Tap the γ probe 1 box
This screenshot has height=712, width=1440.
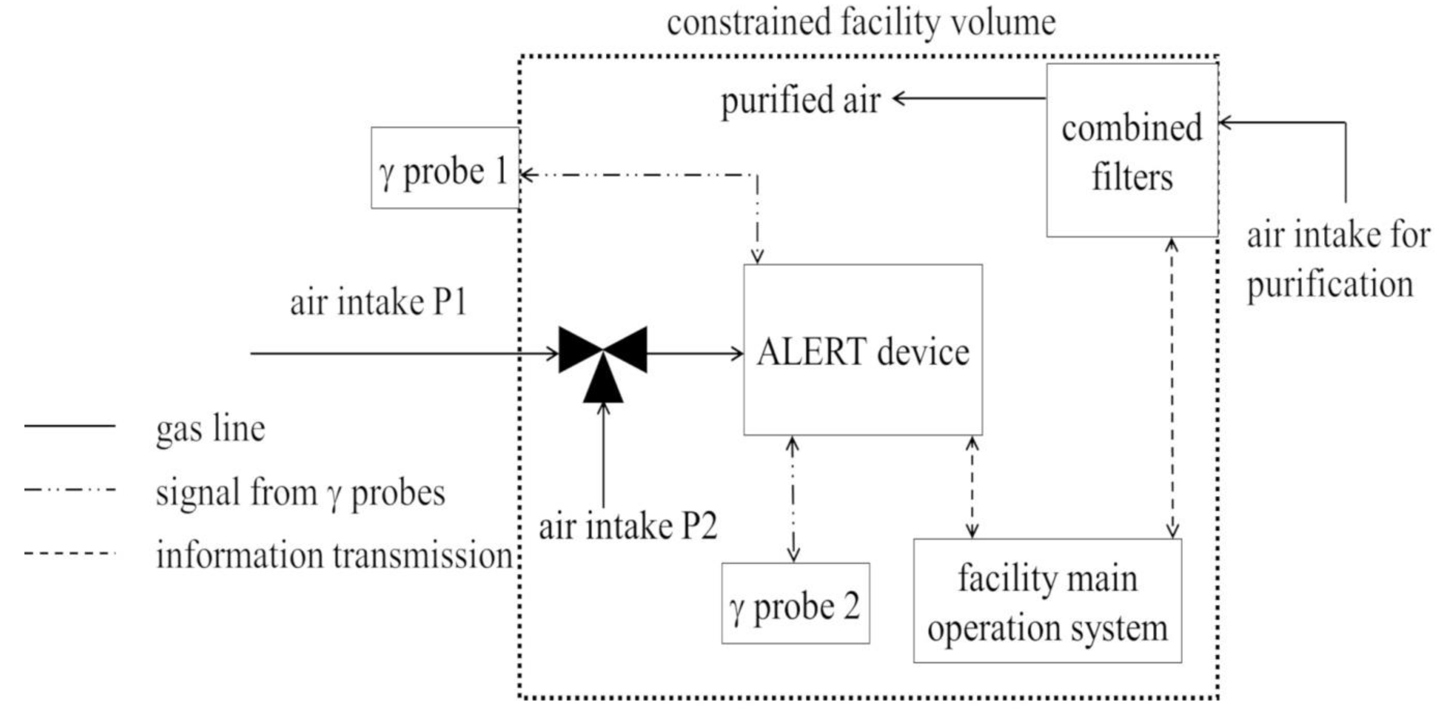pyautogui.click(x=445, y=168)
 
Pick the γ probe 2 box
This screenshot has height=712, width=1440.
pyautogui.click(x=795, y=604)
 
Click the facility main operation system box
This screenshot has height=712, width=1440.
pyautogui.click(x=1047, y=601)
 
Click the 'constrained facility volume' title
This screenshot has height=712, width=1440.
pyautogui.click(x=861, y=24)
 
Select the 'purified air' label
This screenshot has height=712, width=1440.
pyautogui.click(x=800, y=101)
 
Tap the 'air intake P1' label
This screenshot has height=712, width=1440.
pyautogui.click(x=378, y=303)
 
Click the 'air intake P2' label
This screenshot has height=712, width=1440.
pyautogui.click(x=627, y=526)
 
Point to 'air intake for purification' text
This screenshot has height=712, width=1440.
pyautogui.click(x=1337, y=259)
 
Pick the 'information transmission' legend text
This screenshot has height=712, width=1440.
pyautogui.click(x=334, y=556)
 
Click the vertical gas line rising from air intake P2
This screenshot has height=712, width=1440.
pyautogui.click(x=603, y=455)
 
